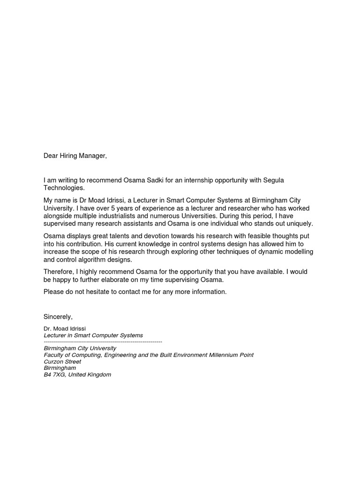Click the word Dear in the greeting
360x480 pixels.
[52, 156]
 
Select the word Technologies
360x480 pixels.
[64, 188]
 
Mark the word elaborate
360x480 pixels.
[120, 279]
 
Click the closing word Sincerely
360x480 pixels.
[58, 317]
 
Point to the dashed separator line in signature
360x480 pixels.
[103, 342]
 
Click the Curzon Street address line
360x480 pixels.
[62, 362]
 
